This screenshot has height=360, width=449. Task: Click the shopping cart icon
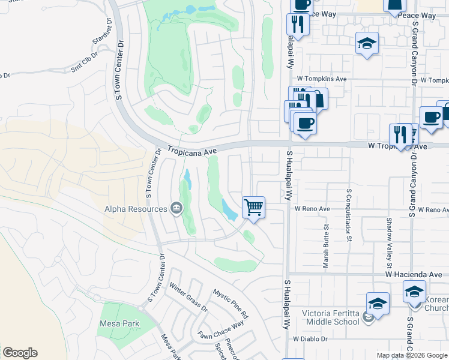click(x=253, y=208)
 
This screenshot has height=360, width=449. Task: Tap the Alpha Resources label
click(x=136, y=209)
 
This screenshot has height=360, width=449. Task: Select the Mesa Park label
click(x=119, y=324)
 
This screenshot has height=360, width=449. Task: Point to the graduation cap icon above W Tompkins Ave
click(x=367, y=43)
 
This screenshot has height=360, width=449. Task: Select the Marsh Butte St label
click(x=326, y=246)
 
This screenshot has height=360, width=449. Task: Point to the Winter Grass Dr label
click(x=188, y=297)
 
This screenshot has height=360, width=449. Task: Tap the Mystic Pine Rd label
click(x=231, y=303)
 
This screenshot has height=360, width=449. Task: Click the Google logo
click(x=20, y=353)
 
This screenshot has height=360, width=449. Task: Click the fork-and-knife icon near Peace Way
click(x=298, y=24)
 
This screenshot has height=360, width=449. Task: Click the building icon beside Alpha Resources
click(x=176, y=209)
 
